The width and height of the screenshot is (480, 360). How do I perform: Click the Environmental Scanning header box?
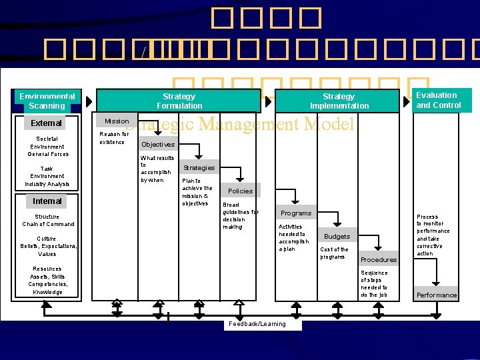[x=47, y=101]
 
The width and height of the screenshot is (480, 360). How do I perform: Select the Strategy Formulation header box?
[x=179, y=101]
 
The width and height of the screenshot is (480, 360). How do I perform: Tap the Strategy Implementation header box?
[x=339, y=101]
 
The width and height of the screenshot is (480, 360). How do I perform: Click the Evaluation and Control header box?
[x=438, y=100]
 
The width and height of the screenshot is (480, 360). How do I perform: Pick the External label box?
[x=47, y=123]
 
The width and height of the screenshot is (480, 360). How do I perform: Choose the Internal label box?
[x=47, y=201]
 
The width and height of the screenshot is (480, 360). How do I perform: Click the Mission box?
[x=117, y=121]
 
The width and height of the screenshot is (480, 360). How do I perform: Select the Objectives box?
[x=158, y=144]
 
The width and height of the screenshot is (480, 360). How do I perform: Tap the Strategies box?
[x=199, y=167]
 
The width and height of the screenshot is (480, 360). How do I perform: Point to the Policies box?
[x=240, y=191]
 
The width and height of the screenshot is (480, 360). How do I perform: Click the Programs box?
[x=296, y=213]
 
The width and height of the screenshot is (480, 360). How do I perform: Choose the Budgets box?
[x=337, y=237]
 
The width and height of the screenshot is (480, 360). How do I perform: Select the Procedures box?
[x=378, y=259]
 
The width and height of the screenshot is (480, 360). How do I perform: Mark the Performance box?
[x=437, y=295]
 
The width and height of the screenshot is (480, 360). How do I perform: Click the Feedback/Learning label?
[x=257, y=324]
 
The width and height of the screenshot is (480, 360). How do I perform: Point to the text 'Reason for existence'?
[x=114, y=138]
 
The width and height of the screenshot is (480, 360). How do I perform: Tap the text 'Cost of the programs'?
[x=334, y=253]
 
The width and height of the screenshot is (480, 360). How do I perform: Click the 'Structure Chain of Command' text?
[x=47, y=220]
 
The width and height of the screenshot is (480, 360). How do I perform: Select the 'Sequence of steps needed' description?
[x=374, y=284]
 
